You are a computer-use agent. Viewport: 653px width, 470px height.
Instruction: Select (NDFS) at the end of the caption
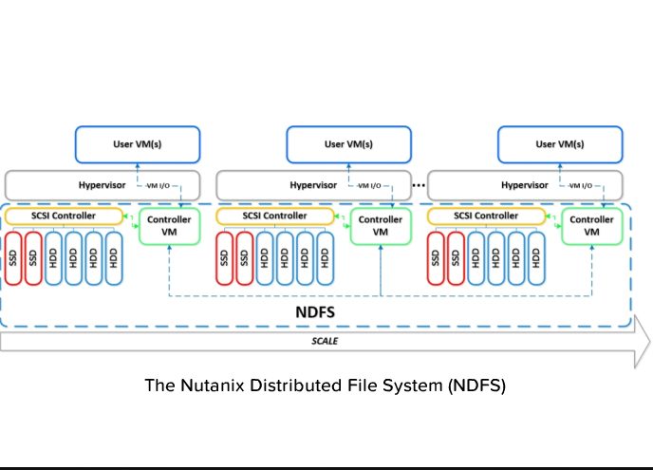(x=471, y=386)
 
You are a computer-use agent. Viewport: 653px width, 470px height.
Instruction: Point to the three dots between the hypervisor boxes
(x=419, y=182)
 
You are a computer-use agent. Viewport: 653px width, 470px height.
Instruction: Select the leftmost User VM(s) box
(x=138, y=145)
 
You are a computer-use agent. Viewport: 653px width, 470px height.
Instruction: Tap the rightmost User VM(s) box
(x=560, y=145)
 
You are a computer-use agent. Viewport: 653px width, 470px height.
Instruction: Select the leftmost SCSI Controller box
(x=65, y=216)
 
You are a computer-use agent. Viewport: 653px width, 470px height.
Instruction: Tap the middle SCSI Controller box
(x=275, y=216)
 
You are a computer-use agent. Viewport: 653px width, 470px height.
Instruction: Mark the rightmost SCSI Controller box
(x=487, y=216)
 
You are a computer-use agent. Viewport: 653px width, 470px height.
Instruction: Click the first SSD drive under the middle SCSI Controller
(x=225, y=256)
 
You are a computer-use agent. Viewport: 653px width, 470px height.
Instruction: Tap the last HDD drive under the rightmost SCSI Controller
(x=537, y=256)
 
